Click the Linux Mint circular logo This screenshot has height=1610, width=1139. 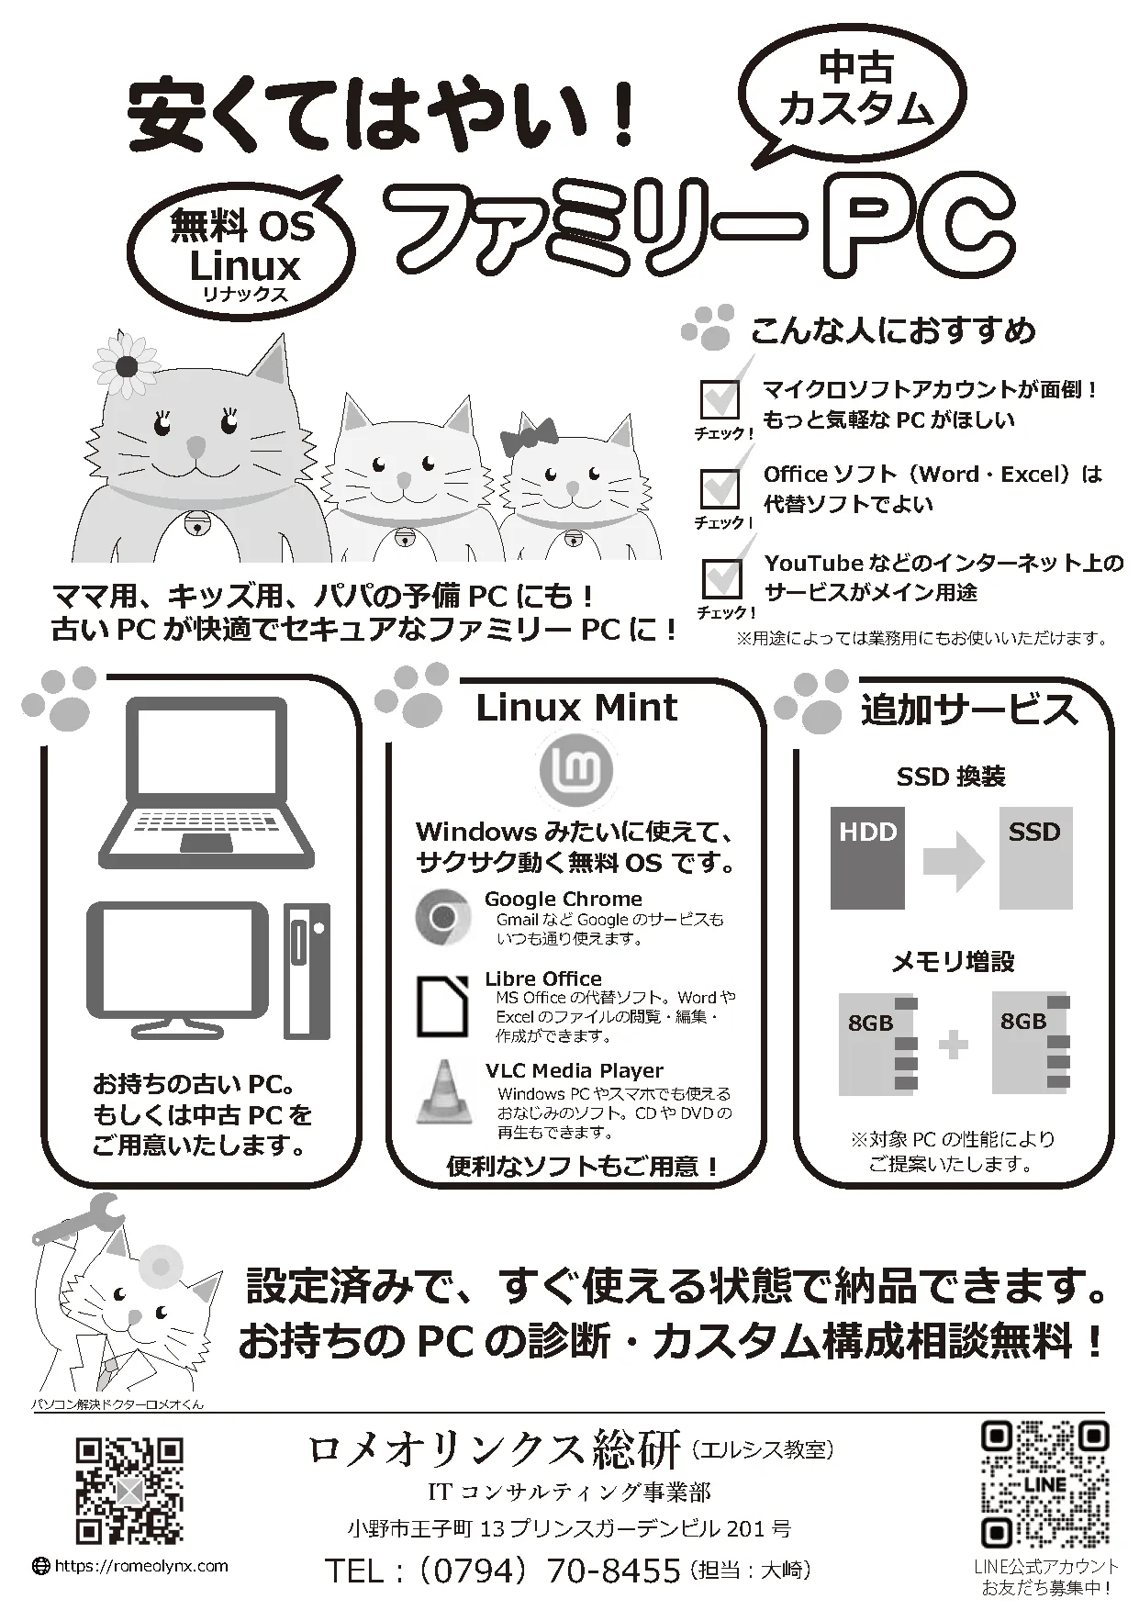coord(575,769)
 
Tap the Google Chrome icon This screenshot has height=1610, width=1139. coord(443,917)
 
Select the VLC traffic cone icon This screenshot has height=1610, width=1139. coord(444,1092)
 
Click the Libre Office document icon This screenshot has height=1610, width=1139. coord(443,1007)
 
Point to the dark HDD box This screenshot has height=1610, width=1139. coord(867,858)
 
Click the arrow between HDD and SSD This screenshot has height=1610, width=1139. coord(954,862)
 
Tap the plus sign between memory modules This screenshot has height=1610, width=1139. coord(954,1045)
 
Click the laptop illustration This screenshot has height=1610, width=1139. coord(207,783)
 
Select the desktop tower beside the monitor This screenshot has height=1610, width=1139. coord(307,970)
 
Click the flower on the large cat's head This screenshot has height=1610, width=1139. coord(128,365)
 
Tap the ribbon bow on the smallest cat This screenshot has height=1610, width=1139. coord(530,437)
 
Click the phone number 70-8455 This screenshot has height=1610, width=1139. coord(614,1571)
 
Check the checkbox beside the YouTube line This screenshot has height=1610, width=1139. coord(720,578)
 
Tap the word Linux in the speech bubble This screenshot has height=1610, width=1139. coord(245,265)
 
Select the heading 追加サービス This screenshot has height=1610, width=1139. coord(968,710)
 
